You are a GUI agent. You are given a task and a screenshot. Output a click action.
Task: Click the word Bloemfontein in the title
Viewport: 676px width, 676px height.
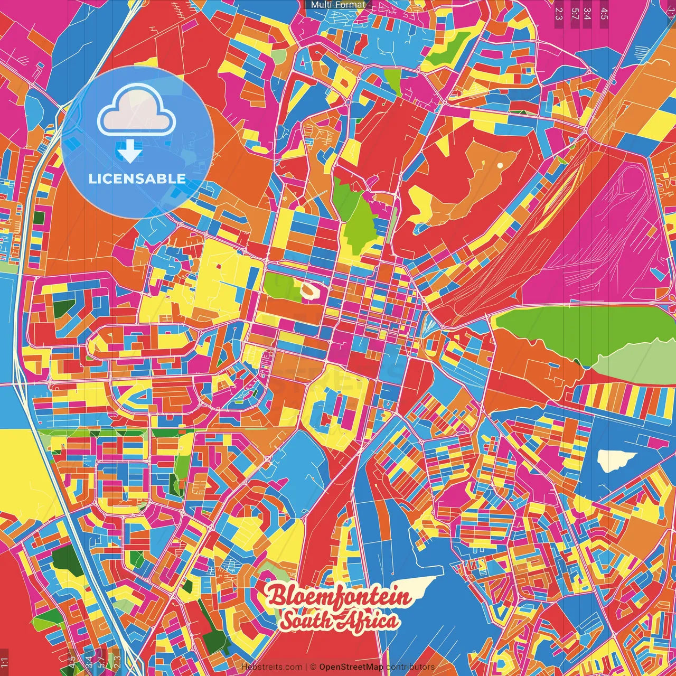click(339, 597)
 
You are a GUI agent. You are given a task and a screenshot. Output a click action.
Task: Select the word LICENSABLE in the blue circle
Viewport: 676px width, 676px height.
click(137, 179)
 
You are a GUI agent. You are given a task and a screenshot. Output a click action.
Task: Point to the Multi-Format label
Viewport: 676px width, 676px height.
click(338, 5)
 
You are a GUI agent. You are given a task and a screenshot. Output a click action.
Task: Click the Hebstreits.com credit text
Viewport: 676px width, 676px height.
click(272, 667)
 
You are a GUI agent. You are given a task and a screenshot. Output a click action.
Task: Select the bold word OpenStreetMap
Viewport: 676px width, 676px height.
click(351, 667)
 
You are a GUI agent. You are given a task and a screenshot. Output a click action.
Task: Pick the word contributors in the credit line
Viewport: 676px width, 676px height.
click(410, 667)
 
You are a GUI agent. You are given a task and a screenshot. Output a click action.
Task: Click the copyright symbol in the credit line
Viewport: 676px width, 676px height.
click(313, 667)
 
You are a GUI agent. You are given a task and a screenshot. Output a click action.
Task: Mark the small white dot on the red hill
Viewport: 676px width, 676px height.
click(500, 165)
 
